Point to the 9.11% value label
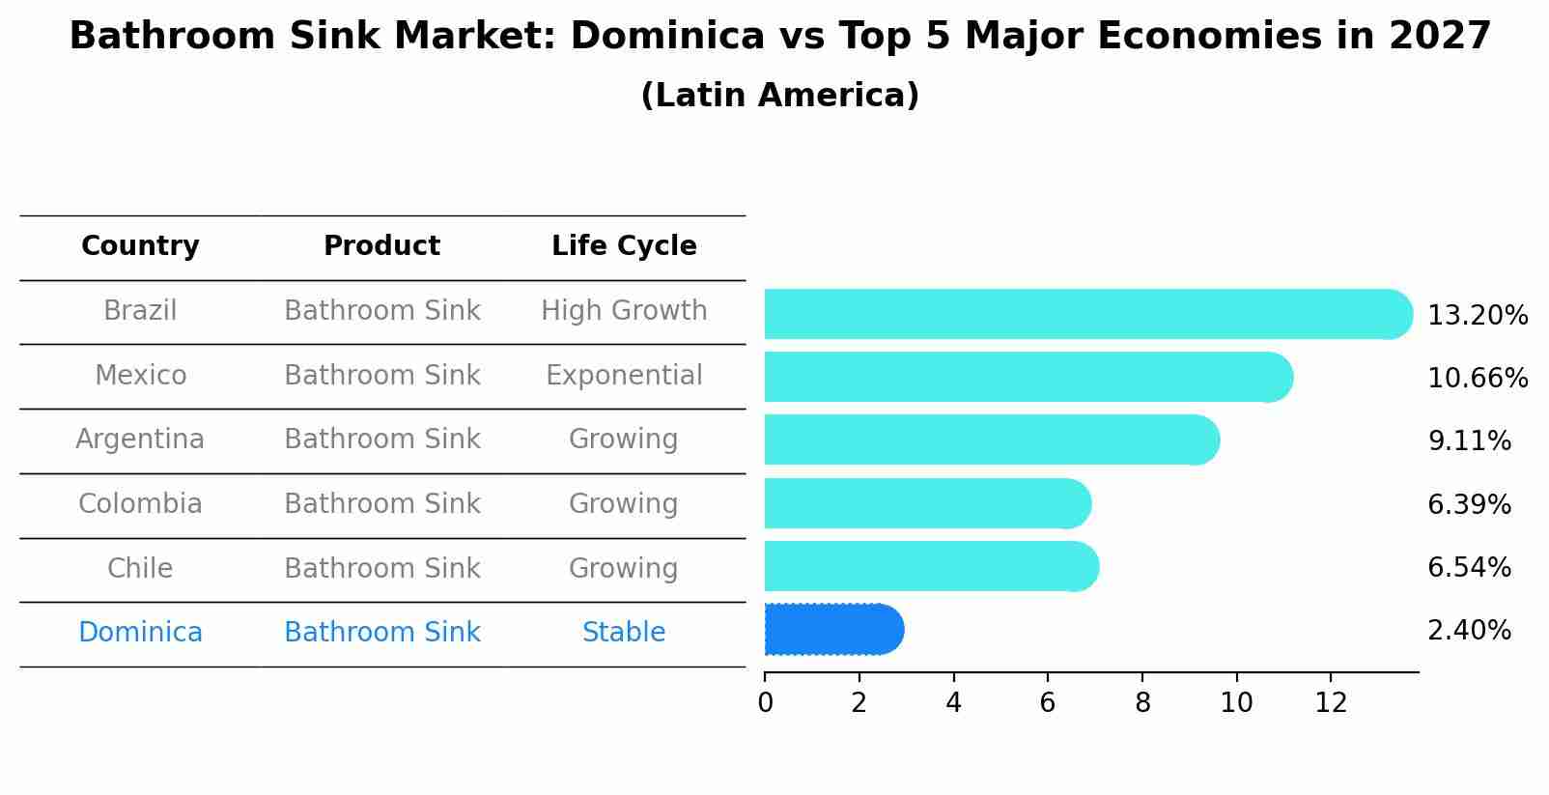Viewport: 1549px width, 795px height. [x=1469, y=441]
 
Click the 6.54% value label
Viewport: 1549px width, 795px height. [x=1469, y=567]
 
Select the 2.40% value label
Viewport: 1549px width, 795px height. [x=1469, y=631]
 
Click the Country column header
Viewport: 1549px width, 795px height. [x=140, y=246]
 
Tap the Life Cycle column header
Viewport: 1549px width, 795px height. [x=624, y=246]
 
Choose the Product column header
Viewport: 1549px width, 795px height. [x=381, y=246]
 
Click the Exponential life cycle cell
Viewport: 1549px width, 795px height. [x=624, y=375]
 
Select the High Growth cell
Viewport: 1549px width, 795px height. [x=624, y=311]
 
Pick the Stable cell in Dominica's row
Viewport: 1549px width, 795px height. [x=624, y=633]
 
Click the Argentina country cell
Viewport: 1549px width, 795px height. [x=140, y=440]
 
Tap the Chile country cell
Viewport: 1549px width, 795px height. [x=140, y=568]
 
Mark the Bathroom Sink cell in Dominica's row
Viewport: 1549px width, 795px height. [x=381, y=633]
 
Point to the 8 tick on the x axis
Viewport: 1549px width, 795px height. [x=1142, y=702]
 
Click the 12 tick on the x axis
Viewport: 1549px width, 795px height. [x=1331, y=702]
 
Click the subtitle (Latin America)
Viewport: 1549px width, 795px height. [x=779, y=96]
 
